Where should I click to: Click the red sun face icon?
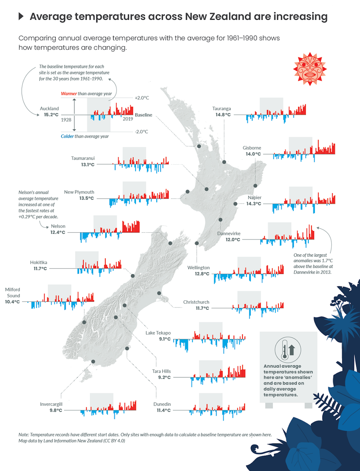coord(310,69)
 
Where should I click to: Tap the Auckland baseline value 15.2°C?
coord(51,115)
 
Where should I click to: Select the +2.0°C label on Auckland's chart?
coord(142,98)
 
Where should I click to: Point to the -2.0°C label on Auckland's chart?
coord(141,132)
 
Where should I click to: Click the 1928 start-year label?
coord(66,120)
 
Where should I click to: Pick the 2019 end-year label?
coord(128,119)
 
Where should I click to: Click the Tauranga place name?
coord(221,109)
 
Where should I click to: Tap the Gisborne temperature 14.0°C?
coord(253,154)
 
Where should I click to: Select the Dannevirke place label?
coord(229,233)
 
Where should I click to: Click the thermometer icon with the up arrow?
coord(288,350)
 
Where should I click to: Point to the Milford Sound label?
coord(13,292)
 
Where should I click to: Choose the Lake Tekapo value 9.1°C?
coord(165,339)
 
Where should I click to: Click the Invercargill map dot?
coord(93,361)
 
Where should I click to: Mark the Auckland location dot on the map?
coord(199,146)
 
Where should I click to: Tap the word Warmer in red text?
coord(69,94)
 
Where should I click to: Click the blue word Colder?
coord(67,136)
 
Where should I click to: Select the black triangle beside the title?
coord(21,16)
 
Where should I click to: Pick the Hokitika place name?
coord(38,262)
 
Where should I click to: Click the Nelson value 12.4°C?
coord(58,232)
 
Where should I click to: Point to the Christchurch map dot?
coord(159,293)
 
